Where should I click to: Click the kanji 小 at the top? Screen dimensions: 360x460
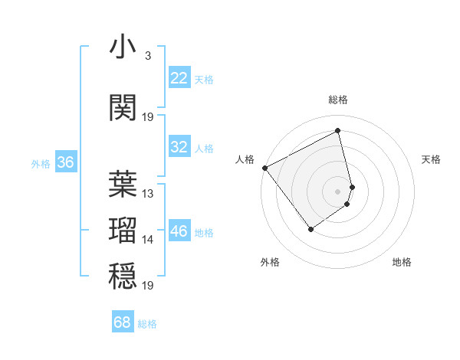[123, 47]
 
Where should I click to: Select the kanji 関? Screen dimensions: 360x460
[123, 107]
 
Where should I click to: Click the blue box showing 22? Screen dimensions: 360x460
[179, 78]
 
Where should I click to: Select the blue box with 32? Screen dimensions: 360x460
[179, 148]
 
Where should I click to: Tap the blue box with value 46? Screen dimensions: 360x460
[179, 232]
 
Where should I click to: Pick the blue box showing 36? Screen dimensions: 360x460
[65, 162]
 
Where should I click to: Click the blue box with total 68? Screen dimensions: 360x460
[123, 322]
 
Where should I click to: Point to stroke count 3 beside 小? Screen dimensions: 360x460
[147, 56]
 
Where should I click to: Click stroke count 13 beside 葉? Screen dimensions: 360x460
[148, 194]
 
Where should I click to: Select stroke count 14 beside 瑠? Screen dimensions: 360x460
[148, 240]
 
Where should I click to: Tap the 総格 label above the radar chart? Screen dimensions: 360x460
[338, 100]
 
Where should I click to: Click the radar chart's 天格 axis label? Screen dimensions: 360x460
[431, 159]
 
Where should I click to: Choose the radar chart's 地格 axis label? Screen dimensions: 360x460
[402, 262]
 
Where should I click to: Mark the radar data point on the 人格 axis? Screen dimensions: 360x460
[264, 168]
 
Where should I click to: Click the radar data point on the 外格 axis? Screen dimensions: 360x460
[310, 228]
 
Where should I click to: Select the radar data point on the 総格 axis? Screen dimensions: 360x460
[338, 131]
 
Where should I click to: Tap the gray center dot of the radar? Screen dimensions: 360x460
[338, 191]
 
